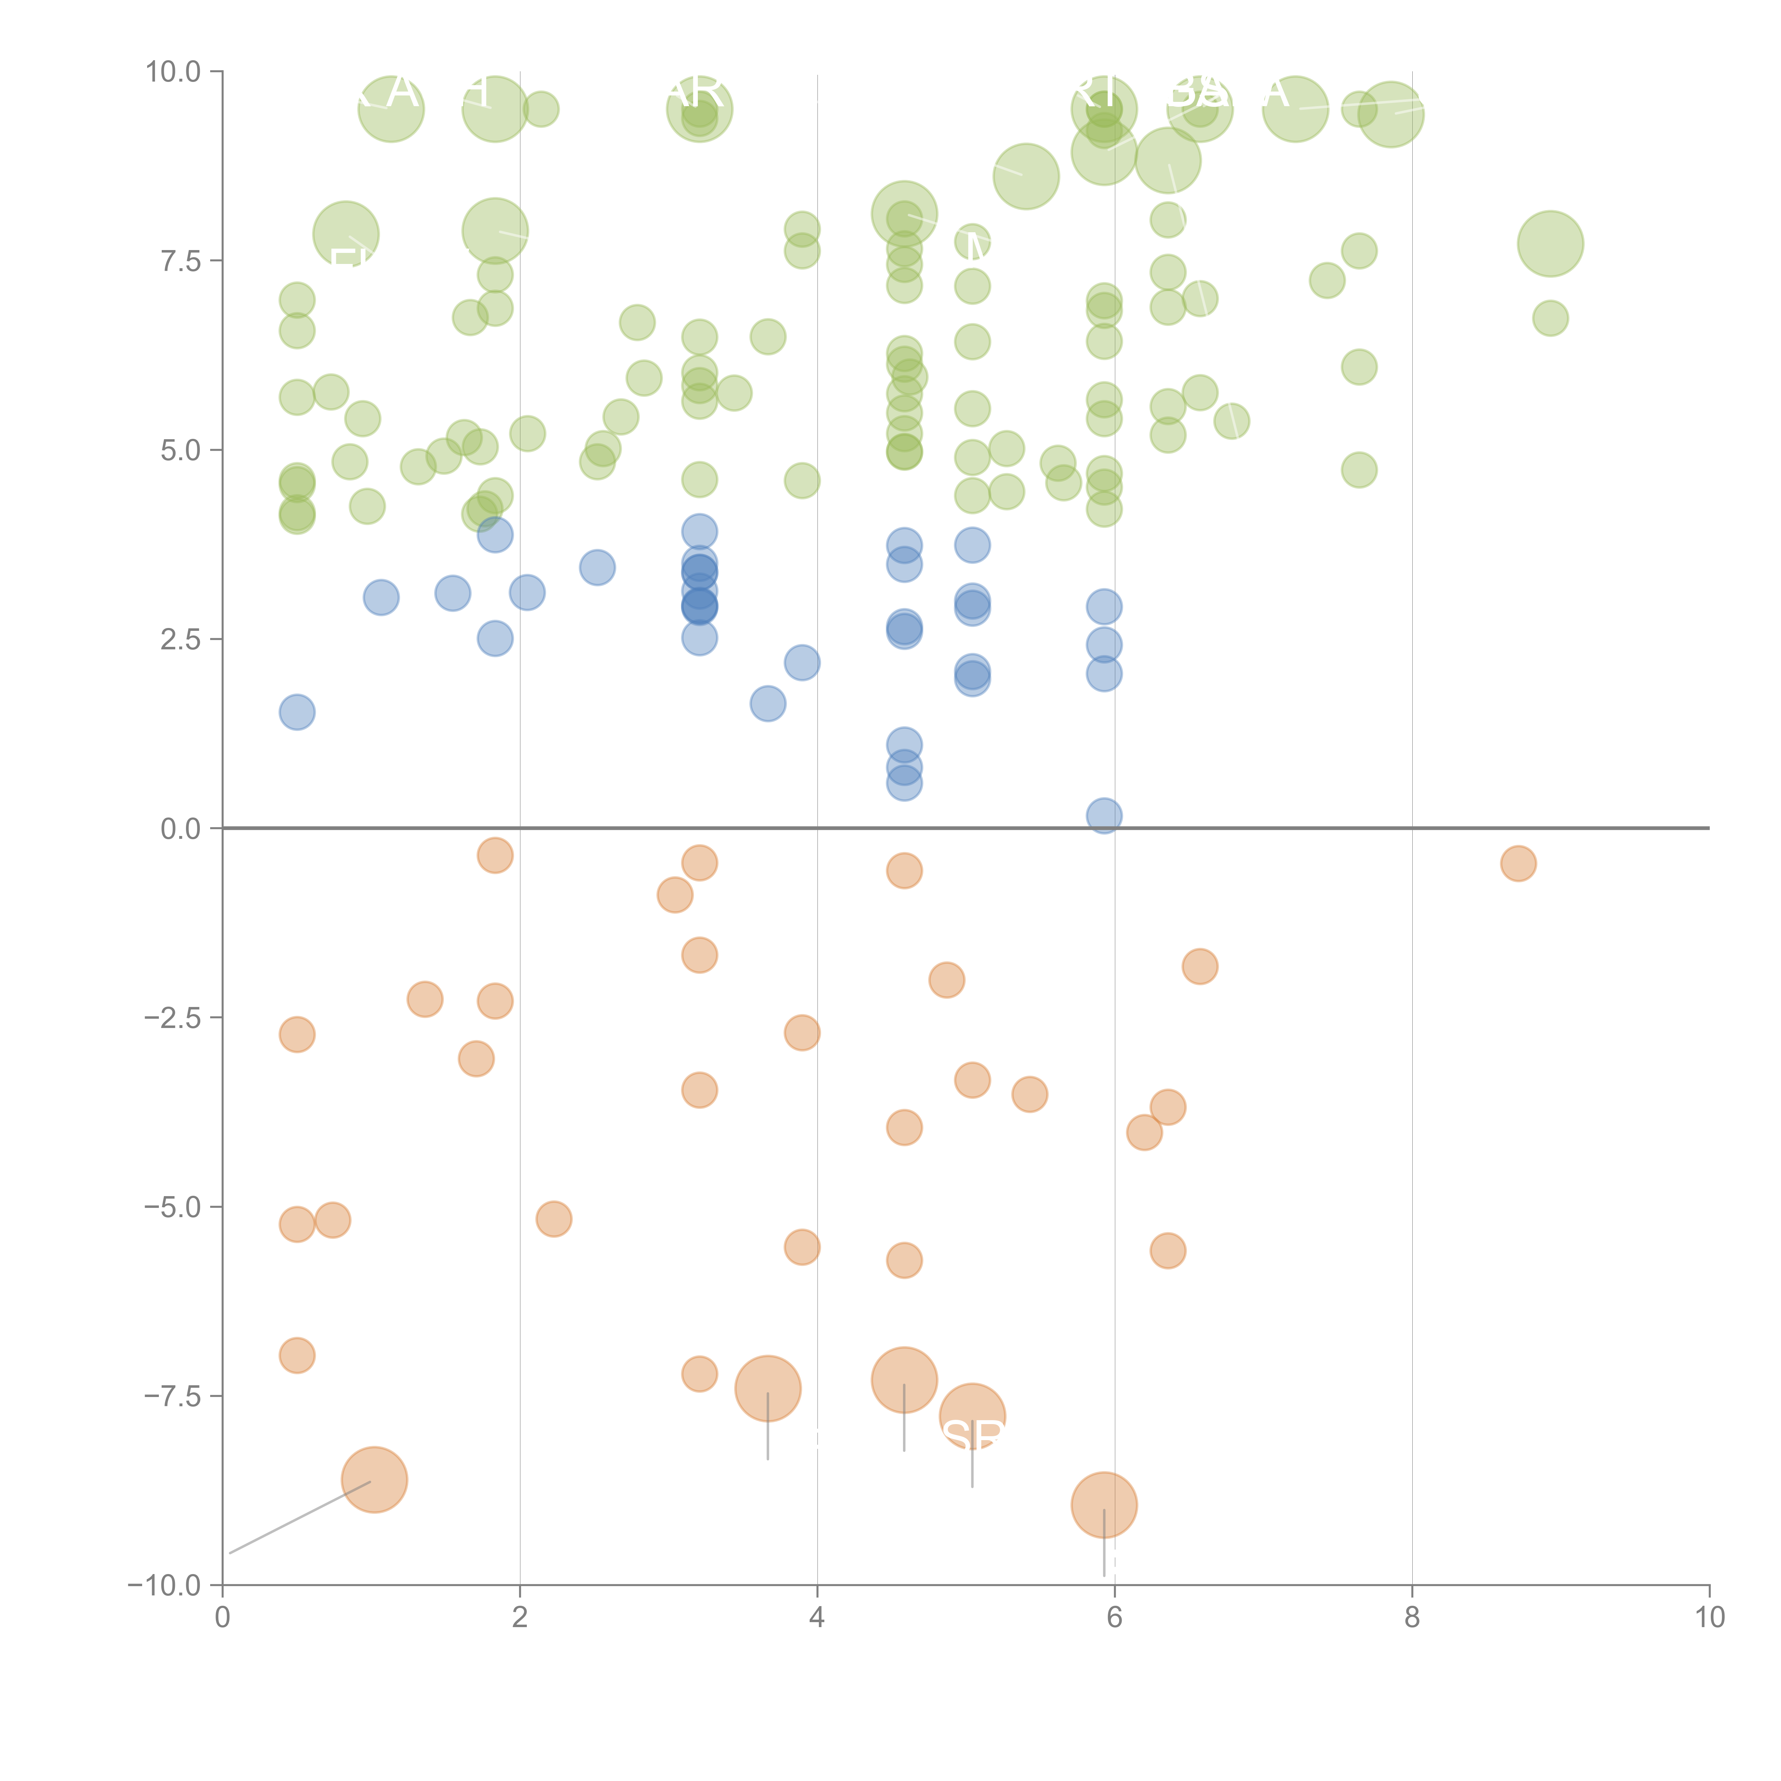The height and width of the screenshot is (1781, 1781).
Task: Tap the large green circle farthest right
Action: [x=1549, y=243]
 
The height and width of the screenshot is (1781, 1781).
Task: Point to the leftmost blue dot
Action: [x=297, y=712]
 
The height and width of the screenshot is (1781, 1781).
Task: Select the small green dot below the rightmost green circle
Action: [x=1549, y=318]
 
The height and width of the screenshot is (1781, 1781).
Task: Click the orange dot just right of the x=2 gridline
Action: [x=553, y=1219]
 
